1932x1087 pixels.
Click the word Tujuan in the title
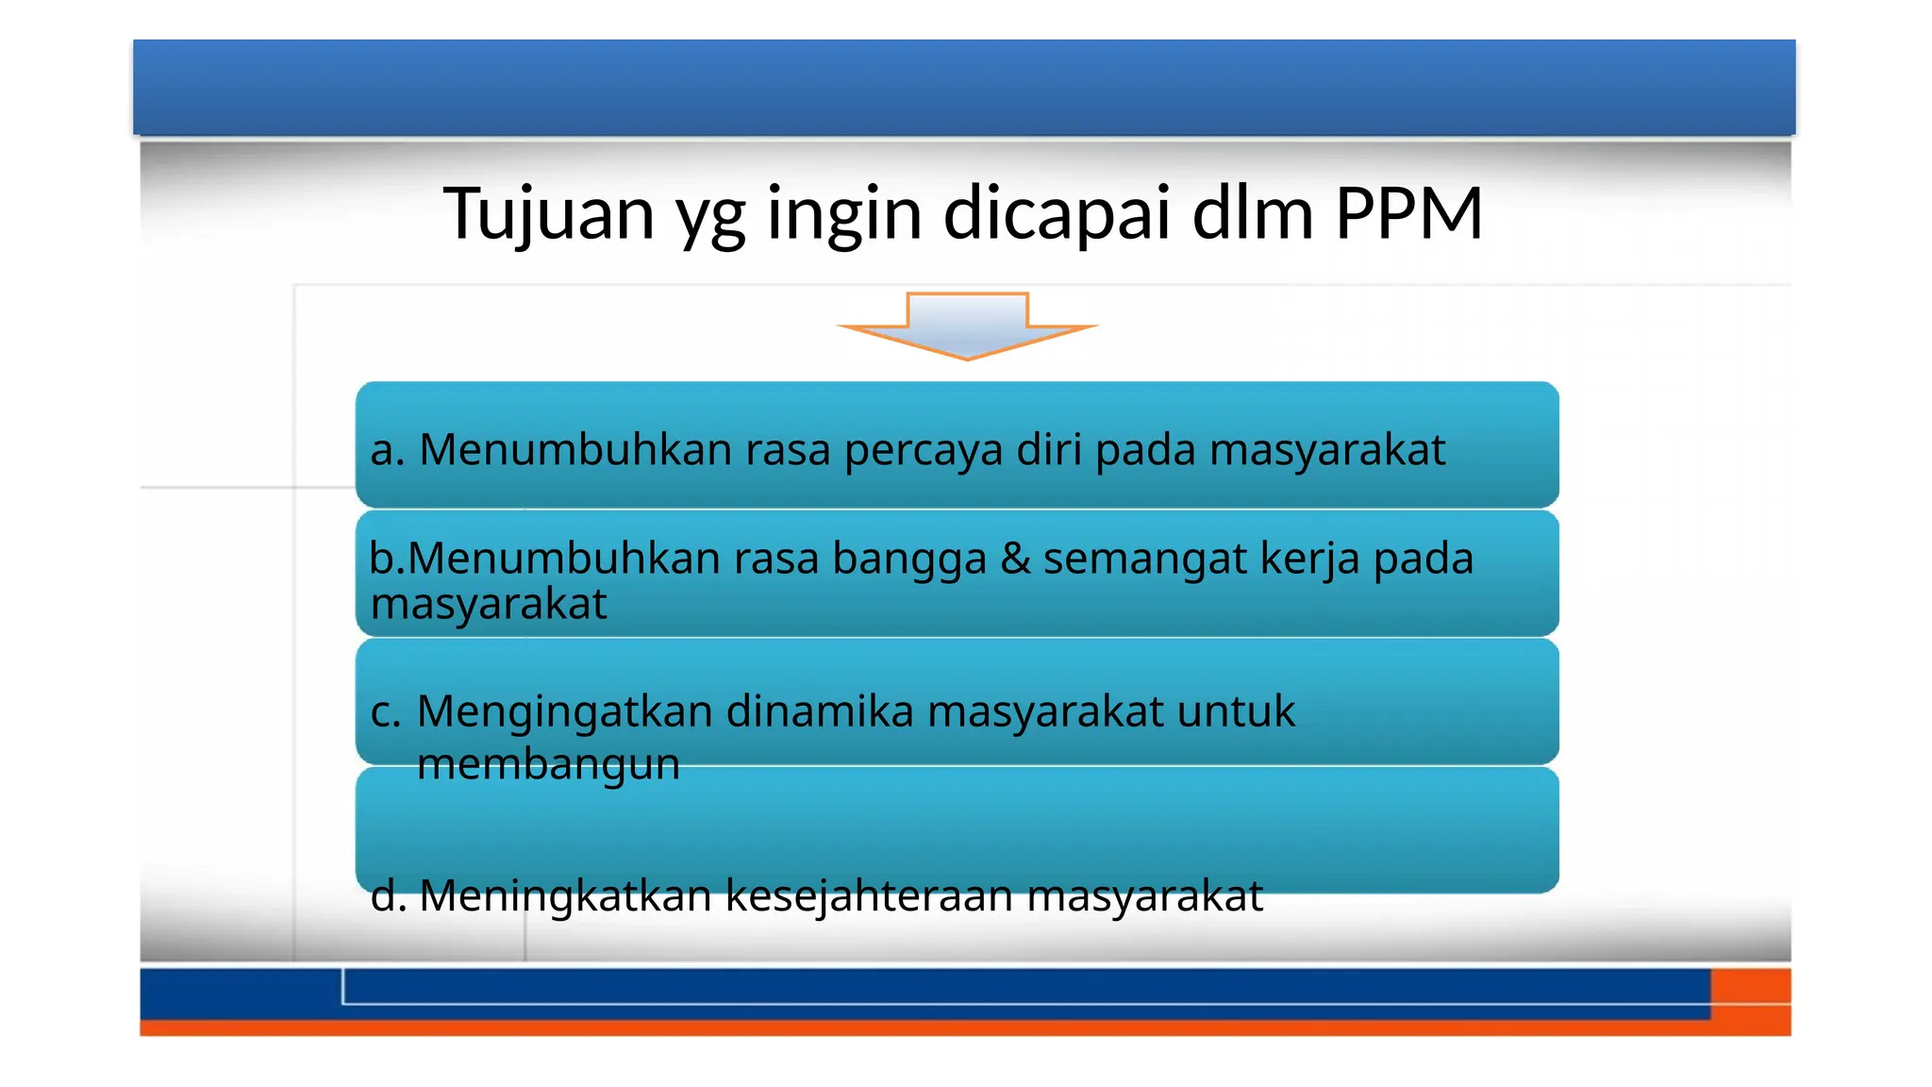click(x=549, y=214)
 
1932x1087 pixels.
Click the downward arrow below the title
click(x=967, y=326)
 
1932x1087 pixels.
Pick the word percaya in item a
click(x=924, y=450)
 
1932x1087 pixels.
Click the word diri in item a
click(x=1048, y=449)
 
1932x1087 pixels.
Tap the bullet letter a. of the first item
click(x=388, y=450)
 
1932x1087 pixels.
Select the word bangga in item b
click(x=908, y=559)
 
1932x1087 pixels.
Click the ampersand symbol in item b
click(x=1015, y=558)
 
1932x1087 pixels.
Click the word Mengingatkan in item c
click(x=564, y=712)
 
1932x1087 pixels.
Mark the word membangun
click(x=548, y=764)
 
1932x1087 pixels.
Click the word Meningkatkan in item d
click(x=565, y=895)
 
